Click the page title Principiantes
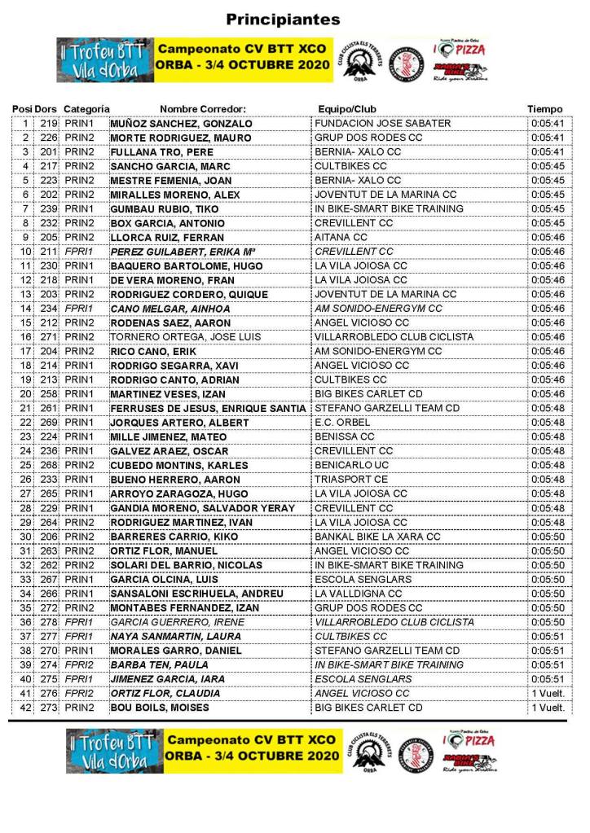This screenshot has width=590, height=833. pos(283,20)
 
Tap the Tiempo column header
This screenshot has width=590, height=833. pos(544,109)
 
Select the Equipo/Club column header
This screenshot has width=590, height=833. pos(347,109)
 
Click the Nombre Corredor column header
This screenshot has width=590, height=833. pos(203,109)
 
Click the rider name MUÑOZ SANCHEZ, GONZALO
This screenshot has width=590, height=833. pos(181,124)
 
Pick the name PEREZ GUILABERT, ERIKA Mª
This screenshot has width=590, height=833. pos(177,252)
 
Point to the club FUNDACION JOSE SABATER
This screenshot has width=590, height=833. pos(382,124)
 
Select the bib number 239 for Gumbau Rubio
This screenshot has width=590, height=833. pos(49,209)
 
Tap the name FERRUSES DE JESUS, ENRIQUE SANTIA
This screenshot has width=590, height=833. pos(208,408)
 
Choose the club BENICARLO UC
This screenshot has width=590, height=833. pos(351,465)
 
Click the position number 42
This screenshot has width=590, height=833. pos(25,708)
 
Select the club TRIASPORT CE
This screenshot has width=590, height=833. pos(351,480)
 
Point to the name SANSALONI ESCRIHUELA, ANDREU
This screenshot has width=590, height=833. pos(196,594)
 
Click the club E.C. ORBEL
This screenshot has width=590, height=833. pos(342,423)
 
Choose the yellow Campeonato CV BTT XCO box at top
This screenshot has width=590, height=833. pos(243,59)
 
